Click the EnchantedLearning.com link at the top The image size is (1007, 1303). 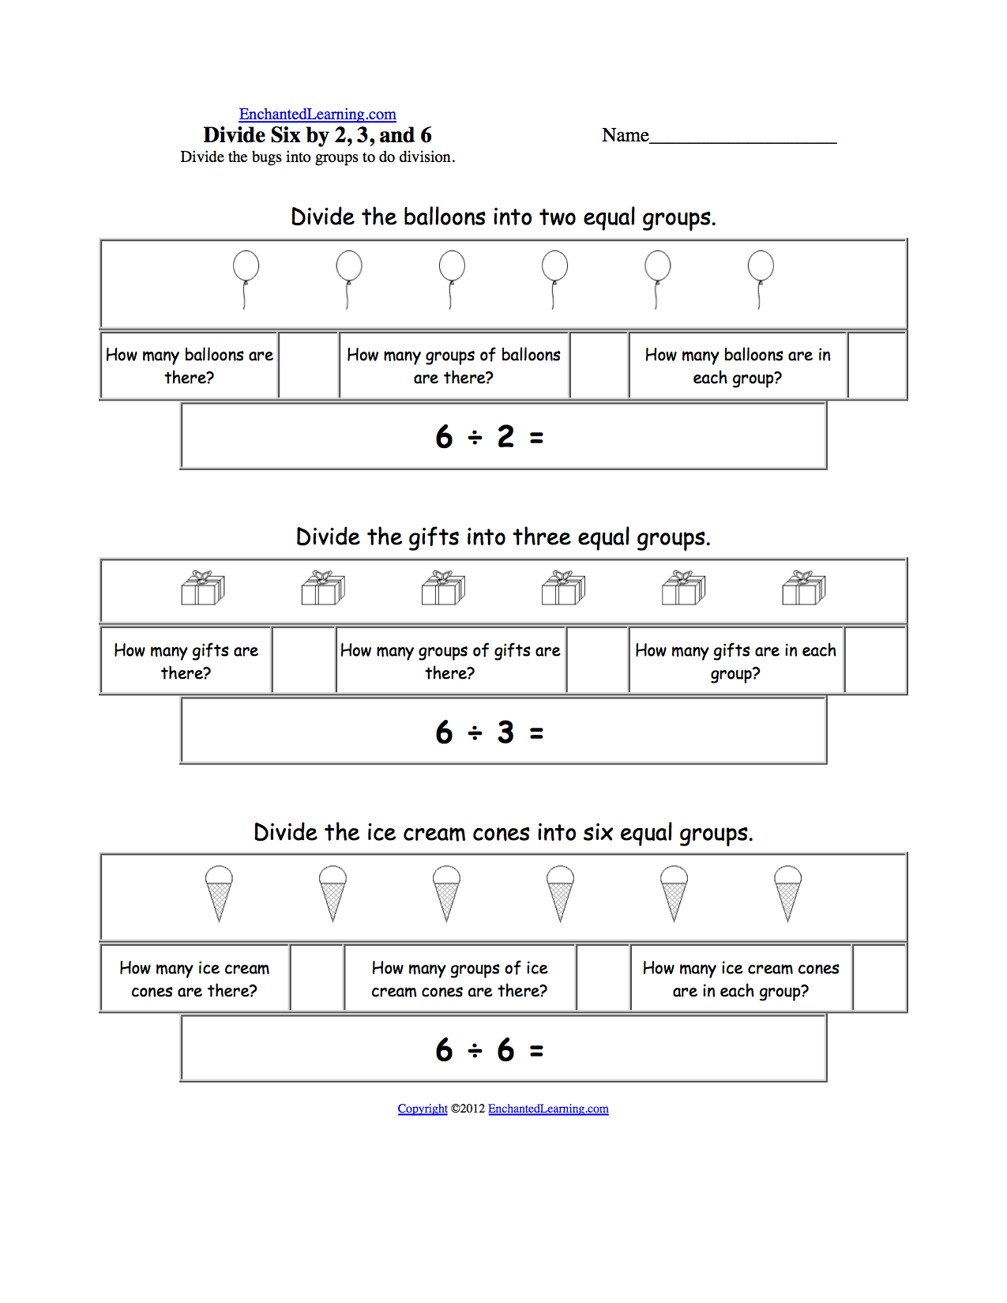click(x=318, y=115)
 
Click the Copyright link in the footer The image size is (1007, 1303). click(x=423, y=1109)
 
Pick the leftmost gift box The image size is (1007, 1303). click(x=203, y=589)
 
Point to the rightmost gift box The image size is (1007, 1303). click(x=803, y=589)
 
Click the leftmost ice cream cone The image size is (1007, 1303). click(x=219, y=891)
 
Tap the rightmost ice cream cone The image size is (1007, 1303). click(x=787, y=891)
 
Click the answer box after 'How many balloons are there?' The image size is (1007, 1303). click(x=309, y=366)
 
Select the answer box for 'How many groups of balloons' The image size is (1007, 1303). click(x=599, y=366)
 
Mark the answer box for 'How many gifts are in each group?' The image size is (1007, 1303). click(x=875, y=661)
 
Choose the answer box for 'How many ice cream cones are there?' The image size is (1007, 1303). click(x=318, y=978)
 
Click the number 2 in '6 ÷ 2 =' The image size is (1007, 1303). click(x=505, y=437)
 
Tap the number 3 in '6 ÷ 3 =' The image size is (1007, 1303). click(x=505, y=732)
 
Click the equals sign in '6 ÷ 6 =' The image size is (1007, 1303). click(x=536, y=1051)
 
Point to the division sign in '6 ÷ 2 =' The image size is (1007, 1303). click(x=475, y=437)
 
